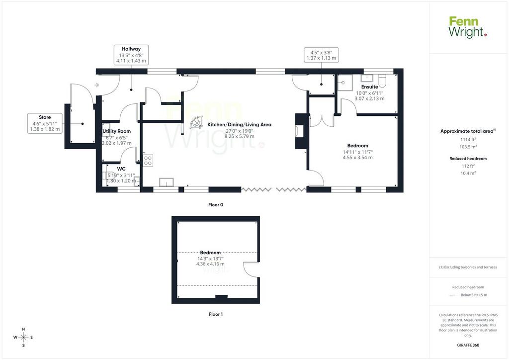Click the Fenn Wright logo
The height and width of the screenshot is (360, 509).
pyautogui.click(x=468, y=27)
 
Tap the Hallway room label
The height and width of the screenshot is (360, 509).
pyautogui.click(x=131, y=49)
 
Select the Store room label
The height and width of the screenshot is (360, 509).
pyautogui.click(x=45, y=117)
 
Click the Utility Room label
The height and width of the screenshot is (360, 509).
pyautogui.click(x=116, y=131)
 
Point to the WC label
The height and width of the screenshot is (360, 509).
pyautogui.click(x=121, y=169)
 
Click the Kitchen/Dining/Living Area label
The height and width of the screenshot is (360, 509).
pyautogui.click(x=239, y=125)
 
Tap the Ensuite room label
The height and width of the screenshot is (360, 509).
pyautogui.click(x=369, y=87)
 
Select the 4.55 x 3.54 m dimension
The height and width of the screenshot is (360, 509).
pyautogui.click(x=358, y=158)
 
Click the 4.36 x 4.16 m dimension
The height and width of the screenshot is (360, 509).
pyautogui.click(x=210, y=264)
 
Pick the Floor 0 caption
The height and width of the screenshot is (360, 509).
pyautogui.click(x=216, y=205)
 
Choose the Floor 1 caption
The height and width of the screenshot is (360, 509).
pyautogui.click(x=216, y=314)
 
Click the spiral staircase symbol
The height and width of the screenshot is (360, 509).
pyautogui.click(x=196, y=122)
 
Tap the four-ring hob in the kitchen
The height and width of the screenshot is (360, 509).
pyautogui.click(x=148, y=161)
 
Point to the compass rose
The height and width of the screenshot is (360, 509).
pyautogui.click(x=23, y=337)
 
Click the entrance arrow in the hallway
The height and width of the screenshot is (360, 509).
pyautogui.click(x=96, y=85)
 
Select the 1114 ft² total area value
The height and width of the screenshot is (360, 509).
pyautogui.click(x=468, y=140)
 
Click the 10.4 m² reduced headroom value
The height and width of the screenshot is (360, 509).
pyautogui.click(x=468, y=173)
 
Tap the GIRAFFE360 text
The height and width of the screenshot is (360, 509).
pyautogui.click(x=468, y=345)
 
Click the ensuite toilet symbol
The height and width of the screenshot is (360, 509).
pyautogui.click(x=382, y=81)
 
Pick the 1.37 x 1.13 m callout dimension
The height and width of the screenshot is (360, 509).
pyautogui.click(x=322, y=58)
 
